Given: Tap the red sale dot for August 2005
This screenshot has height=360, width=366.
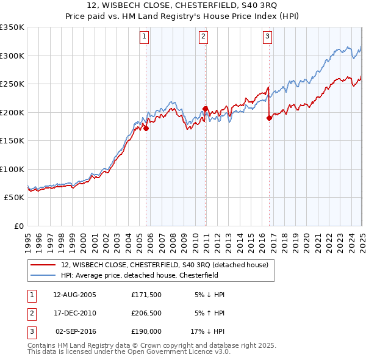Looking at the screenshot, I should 146,129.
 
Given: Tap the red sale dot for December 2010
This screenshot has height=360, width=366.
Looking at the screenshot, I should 206,109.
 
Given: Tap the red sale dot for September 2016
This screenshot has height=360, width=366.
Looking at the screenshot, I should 269,118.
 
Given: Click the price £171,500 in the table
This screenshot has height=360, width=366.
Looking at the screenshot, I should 146,295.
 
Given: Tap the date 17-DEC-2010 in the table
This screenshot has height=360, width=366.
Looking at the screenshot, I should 75,313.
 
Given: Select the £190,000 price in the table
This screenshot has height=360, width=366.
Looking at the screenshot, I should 146,331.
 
